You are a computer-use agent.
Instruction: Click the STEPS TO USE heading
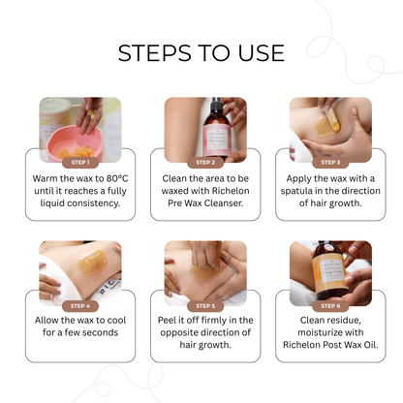click(x=201, y=52)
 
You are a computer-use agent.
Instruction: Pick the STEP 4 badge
click(x=80, y=305)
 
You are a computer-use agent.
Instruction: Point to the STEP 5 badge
click(x=204, y=305)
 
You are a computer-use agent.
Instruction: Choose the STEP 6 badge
click(x=329, y=305)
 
